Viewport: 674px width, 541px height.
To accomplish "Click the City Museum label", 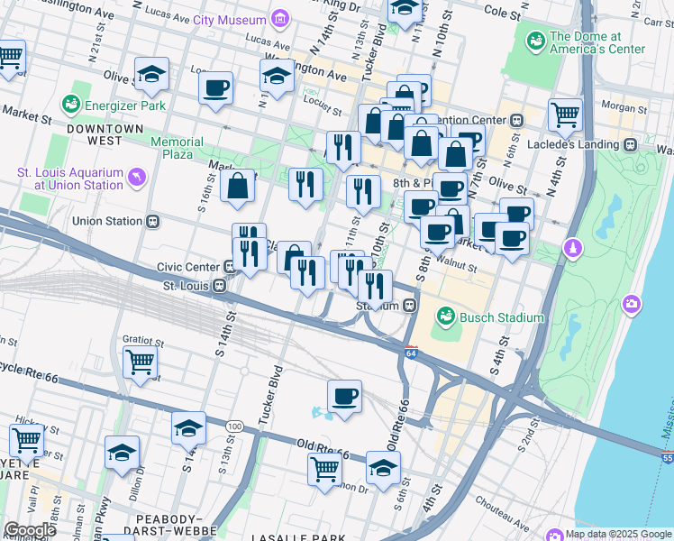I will click(230, 19).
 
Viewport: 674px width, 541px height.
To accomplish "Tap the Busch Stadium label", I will click(500, 317).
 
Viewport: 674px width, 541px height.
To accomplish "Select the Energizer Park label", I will click(124, 105).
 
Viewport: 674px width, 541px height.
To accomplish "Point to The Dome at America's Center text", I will click(597, 42).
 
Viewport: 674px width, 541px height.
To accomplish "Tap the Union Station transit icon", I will click(154, 221).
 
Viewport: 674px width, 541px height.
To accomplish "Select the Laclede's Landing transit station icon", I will click(630, 144).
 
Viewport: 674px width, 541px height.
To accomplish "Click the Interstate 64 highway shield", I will click(411, 352).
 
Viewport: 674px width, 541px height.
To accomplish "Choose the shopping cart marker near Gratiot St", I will click(141, 362).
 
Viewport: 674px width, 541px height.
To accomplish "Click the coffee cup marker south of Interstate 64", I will click(343, 396).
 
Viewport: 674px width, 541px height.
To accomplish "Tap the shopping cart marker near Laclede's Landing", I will click(565, 115).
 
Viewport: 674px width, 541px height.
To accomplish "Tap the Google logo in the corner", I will click(30, 530).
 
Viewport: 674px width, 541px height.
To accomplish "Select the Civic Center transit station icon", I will click(232, 266).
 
